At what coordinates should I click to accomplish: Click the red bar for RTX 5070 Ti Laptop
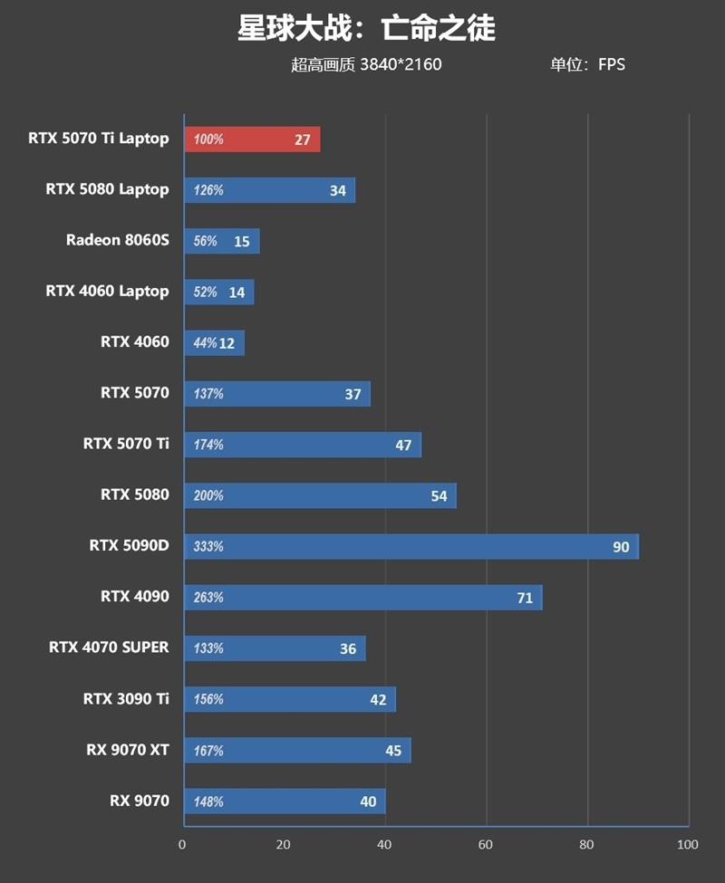coord(252,139)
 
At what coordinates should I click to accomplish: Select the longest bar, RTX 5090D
coord(411,547)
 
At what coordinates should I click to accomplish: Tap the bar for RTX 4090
coord(362,598)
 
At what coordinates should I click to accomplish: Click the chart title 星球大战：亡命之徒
coord(366,28)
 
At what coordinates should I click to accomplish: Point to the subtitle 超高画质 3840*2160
coord(366,64)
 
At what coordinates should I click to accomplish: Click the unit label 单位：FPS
coord(587,64)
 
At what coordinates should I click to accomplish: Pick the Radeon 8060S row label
coord(117,240)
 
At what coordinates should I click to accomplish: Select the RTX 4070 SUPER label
coord(109,648)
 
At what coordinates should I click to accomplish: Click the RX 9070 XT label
coord(128,750)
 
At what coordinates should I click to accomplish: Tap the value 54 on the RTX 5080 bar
coord(439,496)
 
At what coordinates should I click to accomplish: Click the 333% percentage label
coord(208,547)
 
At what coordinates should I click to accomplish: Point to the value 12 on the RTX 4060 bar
coord(227,343)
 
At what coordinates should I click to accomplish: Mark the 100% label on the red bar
coord(208,139)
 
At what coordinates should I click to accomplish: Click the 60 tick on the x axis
coord(487,845)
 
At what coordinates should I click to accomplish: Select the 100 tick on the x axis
coord(687,845)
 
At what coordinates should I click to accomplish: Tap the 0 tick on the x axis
coord(183,845)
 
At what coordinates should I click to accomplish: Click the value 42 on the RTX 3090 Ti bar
coord(378,700)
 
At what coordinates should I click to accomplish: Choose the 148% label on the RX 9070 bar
coord(208,801)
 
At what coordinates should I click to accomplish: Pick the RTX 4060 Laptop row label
coord(107,291)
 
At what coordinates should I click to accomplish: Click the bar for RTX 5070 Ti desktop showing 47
coord(303,445)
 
